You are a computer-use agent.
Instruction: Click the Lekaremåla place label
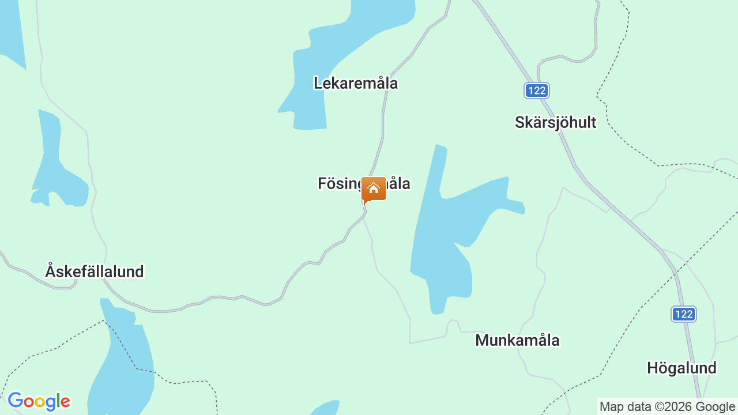pos(356,83)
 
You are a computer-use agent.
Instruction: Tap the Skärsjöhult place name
pos(555,122)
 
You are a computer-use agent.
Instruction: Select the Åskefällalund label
pos(95,271)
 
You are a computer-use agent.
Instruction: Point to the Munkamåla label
pos(517,340)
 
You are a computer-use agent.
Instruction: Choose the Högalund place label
pos(681,368)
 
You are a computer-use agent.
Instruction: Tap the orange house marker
pos(374,189)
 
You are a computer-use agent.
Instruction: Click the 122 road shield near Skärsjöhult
pos(537,90)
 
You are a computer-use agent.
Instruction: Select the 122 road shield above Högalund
pos(684,314)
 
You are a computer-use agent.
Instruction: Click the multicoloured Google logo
pos(39,401)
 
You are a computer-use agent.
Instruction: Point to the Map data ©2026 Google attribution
pos(667,407)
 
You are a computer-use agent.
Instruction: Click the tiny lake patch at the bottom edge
pos(326,408)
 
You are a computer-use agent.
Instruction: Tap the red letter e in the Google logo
pos(65,402)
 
